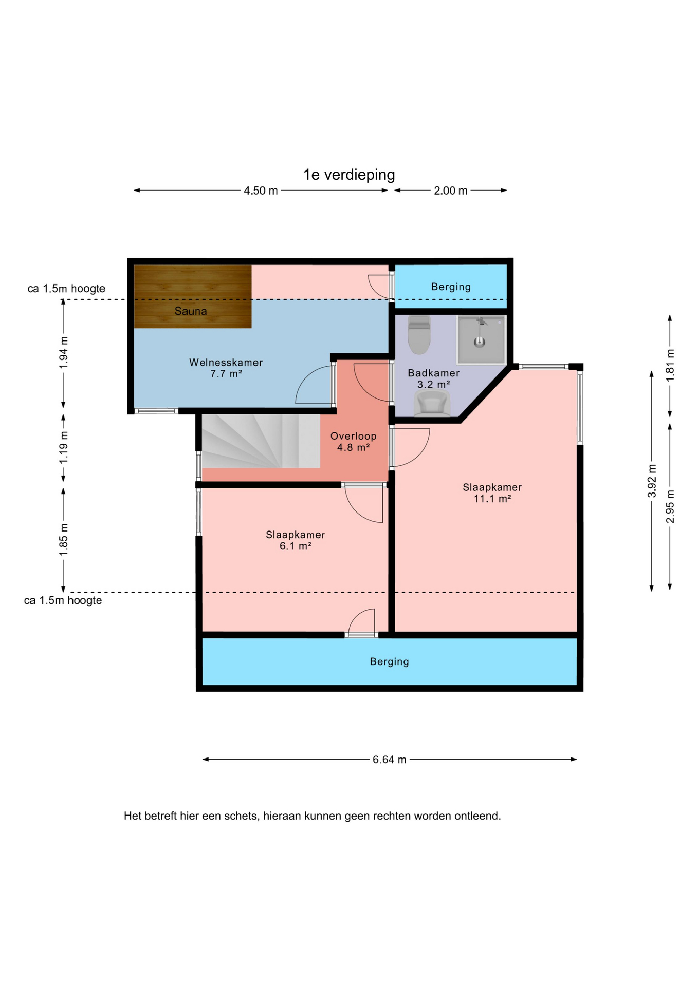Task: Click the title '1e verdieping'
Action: (349, 175)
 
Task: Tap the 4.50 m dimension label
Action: (261, 191)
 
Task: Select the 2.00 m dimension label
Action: (451, 191)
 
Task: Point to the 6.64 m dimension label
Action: (389, 760)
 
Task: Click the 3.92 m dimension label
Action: (652, 481)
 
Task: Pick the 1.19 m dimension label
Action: (63, 447)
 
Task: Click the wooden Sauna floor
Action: (193, 296)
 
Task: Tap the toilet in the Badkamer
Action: (419, 335)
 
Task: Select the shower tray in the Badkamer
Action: (482, 339)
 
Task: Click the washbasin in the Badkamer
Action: (432, 403)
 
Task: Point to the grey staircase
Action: (261, 441)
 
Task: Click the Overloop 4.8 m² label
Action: (353, 442)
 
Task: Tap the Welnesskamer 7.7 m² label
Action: (226, 368)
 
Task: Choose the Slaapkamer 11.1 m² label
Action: (492, 492)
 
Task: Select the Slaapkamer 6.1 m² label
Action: (295, 540)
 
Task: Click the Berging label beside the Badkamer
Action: (451, 287)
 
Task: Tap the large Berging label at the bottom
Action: (389, 661)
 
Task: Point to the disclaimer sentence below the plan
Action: (312, 816)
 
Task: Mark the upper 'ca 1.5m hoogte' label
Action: (66, 289)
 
